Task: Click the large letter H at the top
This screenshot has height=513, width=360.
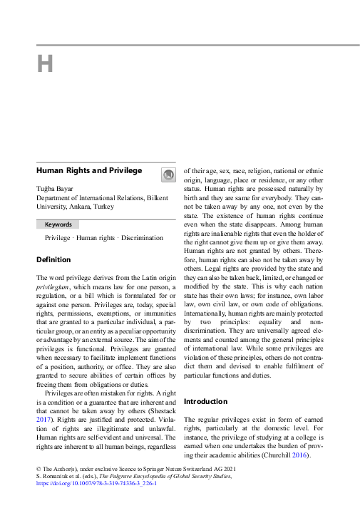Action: click(45, 64)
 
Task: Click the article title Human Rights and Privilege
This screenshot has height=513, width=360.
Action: click(89, 171)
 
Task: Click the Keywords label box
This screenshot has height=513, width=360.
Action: click(58, 224)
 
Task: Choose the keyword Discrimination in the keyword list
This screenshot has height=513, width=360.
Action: click(143, 238)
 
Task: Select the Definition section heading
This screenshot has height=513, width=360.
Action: click(54, 259)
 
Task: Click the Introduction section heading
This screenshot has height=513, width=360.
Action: click(205, 401)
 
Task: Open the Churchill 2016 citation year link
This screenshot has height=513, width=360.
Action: click(301, 453)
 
